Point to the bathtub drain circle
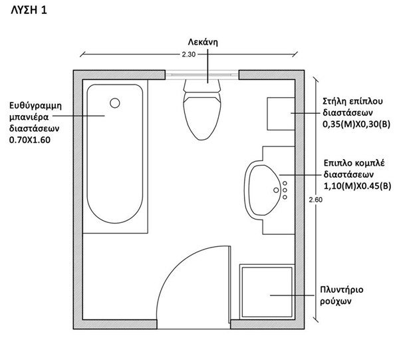tap(114, 102)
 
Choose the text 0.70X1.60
tap(30, 140)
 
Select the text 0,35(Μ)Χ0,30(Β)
tap(356, 124)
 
